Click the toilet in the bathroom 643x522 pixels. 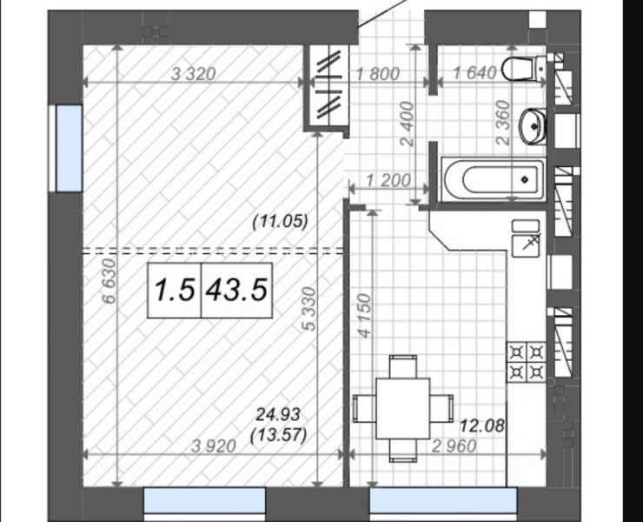click(x=524, y=70)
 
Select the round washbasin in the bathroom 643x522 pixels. click(x=533, y=126)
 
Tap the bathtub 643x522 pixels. click(x=494, y=179)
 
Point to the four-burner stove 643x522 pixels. click(x=527, y=362)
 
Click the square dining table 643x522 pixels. click(x=402, y=408)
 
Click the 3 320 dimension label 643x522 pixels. click(x=193, y=74)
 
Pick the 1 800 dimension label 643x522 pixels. click(x=378, y=74)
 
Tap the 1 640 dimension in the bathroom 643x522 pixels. click(x=475, y=74)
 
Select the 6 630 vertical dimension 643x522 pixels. click(x=109, y=281)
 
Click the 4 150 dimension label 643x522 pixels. click(x=365, y=316)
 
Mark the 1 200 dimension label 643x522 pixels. click(x=388, y=180)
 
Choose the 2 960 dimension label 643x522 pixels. click(x=454, y=446)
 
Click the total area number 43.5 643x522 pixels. click(x=237, y=290)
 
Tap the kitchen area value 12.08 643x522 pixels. click(x=482, y=426)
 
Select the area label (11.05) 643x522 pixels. click(x=280, y=222)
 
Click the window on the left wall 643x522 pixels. click(x=69, y=148)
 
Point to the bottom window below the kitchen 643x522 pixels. click(x=443, y=500)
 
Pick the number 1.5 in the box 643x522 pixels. click(x=175, y=290)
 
